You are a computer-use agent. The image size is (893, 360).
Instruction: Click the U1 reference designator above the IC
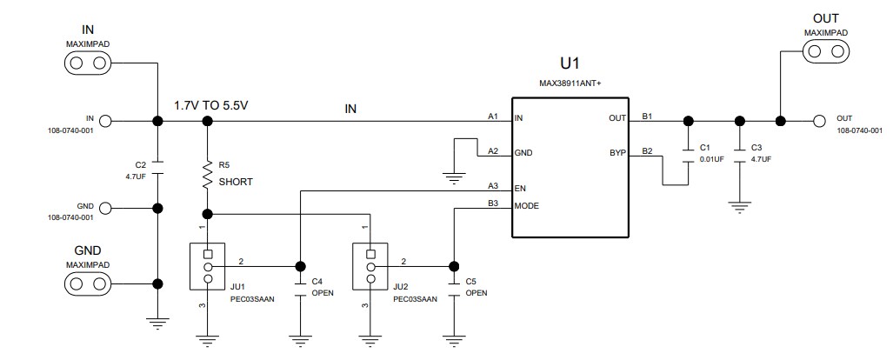coord(570,63)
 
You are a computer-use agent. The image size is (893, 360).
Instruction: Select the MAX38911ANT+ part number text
coord(570,84)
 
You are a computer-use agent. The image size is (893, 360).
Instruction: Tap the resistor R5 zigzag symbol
coord(207,175)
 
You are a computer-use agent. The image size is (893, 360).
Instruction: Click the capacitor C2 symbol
coord(157,163)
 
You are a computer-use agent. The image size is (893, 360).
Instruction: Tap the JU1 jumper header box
coord(207,267)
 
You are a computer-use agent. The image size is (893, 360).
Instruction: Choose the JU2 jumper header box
coord(370,267)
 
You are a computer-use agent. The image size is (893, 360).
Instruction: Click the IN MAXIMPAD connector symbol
coord(87,63)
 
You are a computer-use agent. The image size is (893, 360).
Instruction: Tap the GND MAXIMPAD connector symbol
coord(87,284)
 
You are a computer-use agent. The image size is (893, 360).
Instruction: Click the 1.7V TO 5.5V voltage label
coord(212,105)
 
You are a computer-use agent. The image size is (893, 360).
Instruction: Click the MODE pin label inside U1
coord(528,206)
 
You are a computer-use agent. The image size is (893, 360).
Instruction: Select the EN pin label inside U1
coord(520,188)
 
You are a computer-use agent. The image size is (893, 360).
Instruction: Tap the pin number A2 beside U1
coord(492,150)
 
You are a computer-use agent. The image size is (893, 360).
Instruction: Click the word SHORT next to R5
coord(237,182)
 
